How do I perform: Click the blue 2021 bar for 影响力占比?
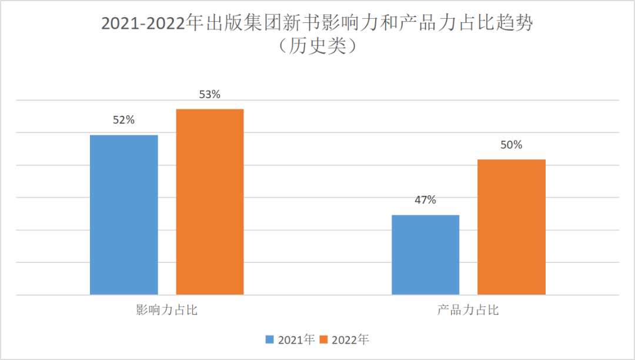pyautogui.click(x=123, y=215)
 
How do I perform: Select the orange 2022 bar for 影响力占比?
pyautogui.click(x=210, y=202)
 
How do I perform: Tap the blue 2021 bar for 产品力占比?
pyautogui.click(x=425, y=255)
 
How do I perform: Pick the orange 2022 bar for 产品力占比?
pyautogui.click(x=511, y=227)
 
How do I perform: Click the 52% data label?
pyautogui.click(x=123, y=120)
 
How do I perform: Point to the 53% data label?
pyautogui.click(x=209, y=94)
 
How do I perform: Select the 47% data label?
pyautogui.click(x=425, y=200)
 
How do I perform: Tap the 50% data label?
pyautogui.click(x=511, y=145)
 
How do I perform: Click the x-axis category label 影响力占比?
pyautogui.click(x=166, y=310)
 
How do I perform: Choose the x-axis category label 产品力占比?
pyautogui.click(x=468, y=310)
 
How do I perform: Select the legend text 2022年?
pyautogui.click(x=350, y=340)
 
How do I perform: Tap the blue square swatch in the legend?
pyautogui.click(x=270, y=340)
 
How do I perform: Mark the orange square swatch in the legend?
pyautogui.click(x=324, y=340)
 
